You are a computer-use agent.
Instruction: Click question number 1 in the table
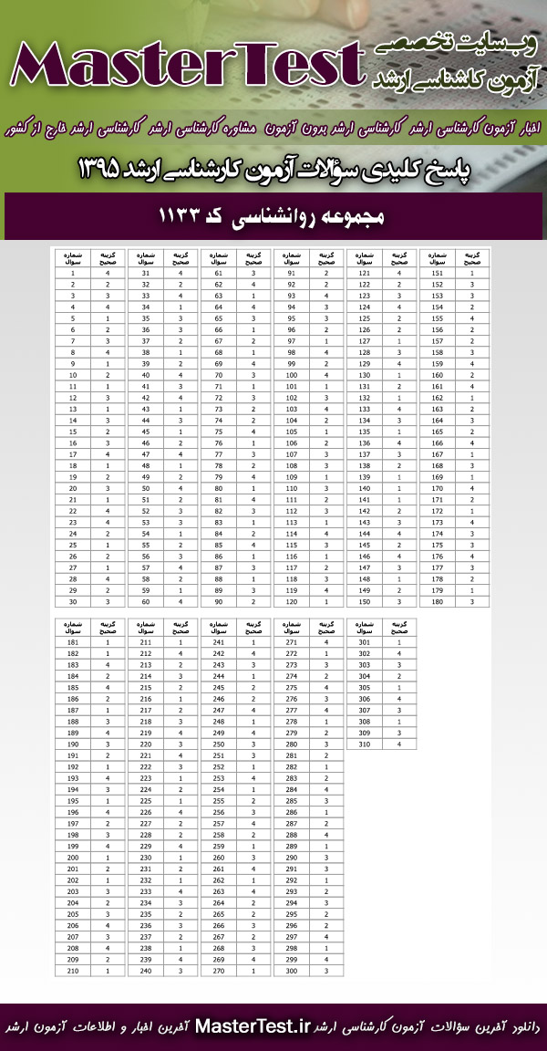click(x=72, y=273)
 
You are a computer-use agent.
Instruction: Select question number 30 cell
click(x=72, y=602)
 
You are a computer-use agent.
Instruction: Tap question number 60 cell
click(x=146, y=602)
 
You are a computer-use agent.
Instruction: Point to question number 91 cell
click(x=292, y=273)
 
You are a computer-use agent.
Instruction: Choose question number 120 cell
click(x=292, y=602)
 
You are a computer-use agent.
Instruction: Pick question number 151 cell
click(x=438, y=273)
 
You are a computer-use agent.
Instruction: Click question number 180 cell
click(x=438, y=602)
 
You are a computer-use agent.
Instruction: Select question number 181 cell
click(x=72, y=642)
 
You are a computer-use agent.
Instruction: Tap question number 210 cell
click(x=72, y=972)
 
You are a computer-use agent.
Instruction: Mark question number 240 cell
click(x=146, y=972)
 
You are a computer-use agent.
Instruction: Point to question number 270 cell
click(x=219, y=972)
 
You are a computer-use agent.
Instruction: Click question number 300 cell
click(x=292, y=972)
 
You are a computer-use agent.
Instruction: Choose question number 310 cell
click(x=365, y=744)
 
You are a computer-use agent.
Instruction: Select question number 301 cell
click(x=365, y=642)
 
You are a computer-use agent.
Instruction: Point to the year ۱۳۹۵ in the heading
click(x=113, y=168)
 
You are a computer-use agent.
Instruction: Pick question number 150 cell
click(x=365, y=602)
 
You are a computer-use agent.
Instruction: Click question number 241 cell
click(x=219, y=642)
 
